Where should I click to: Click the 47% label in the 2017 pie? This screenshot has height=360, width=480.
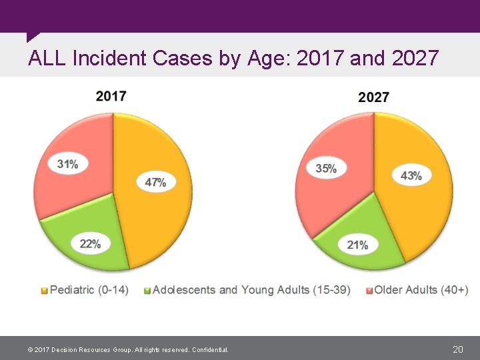[x=155, y=181]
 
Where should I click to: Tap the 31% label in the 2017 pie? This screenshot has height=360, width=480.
[x=67, y=163]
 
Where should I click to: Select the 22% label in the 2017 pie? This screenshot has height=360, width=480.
[x=90, y=244]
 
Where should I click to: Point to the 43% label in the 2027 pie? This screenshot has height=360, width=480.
[x=411, y=175]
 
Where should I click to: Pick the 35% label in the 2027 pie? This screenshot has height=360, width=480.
[x=325, y=169]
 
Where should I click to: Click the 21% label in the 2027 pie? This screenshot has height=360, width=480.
[x=357, y=245]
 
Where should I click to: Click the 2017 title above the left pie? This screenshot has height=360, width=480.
[x=111, y=96]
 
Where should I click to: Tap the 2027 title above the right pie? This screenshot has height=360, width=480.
[x=373, y=97]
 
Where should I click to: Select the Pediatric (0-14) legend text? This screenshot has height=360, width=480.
[x=89, y=290]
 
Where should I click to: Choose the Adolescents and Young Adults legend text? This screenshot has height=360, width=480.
[x=251, y=290]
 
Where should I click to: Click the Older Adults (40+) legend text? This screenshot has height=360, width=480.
[x=421, y=290]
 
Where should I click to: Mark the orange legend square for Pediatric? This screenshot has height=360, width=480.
[x=45, y=291]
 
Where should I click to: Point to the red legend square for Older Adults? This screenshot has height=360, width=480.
[x=369, y=291]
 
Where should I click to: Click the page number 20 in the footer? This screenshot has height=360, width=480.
[x=457, y=349]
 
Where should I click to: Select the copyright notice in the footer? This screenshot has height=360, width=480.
[x=127, y=350]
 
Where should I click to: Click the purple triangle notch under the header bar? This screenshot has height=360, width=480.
[x=31, y=37]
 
